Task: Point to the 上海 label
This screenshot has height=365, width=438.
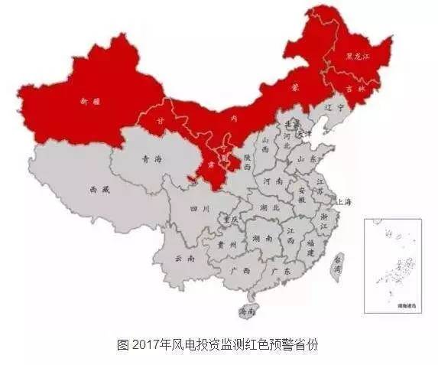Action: [x=346, y=201]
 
